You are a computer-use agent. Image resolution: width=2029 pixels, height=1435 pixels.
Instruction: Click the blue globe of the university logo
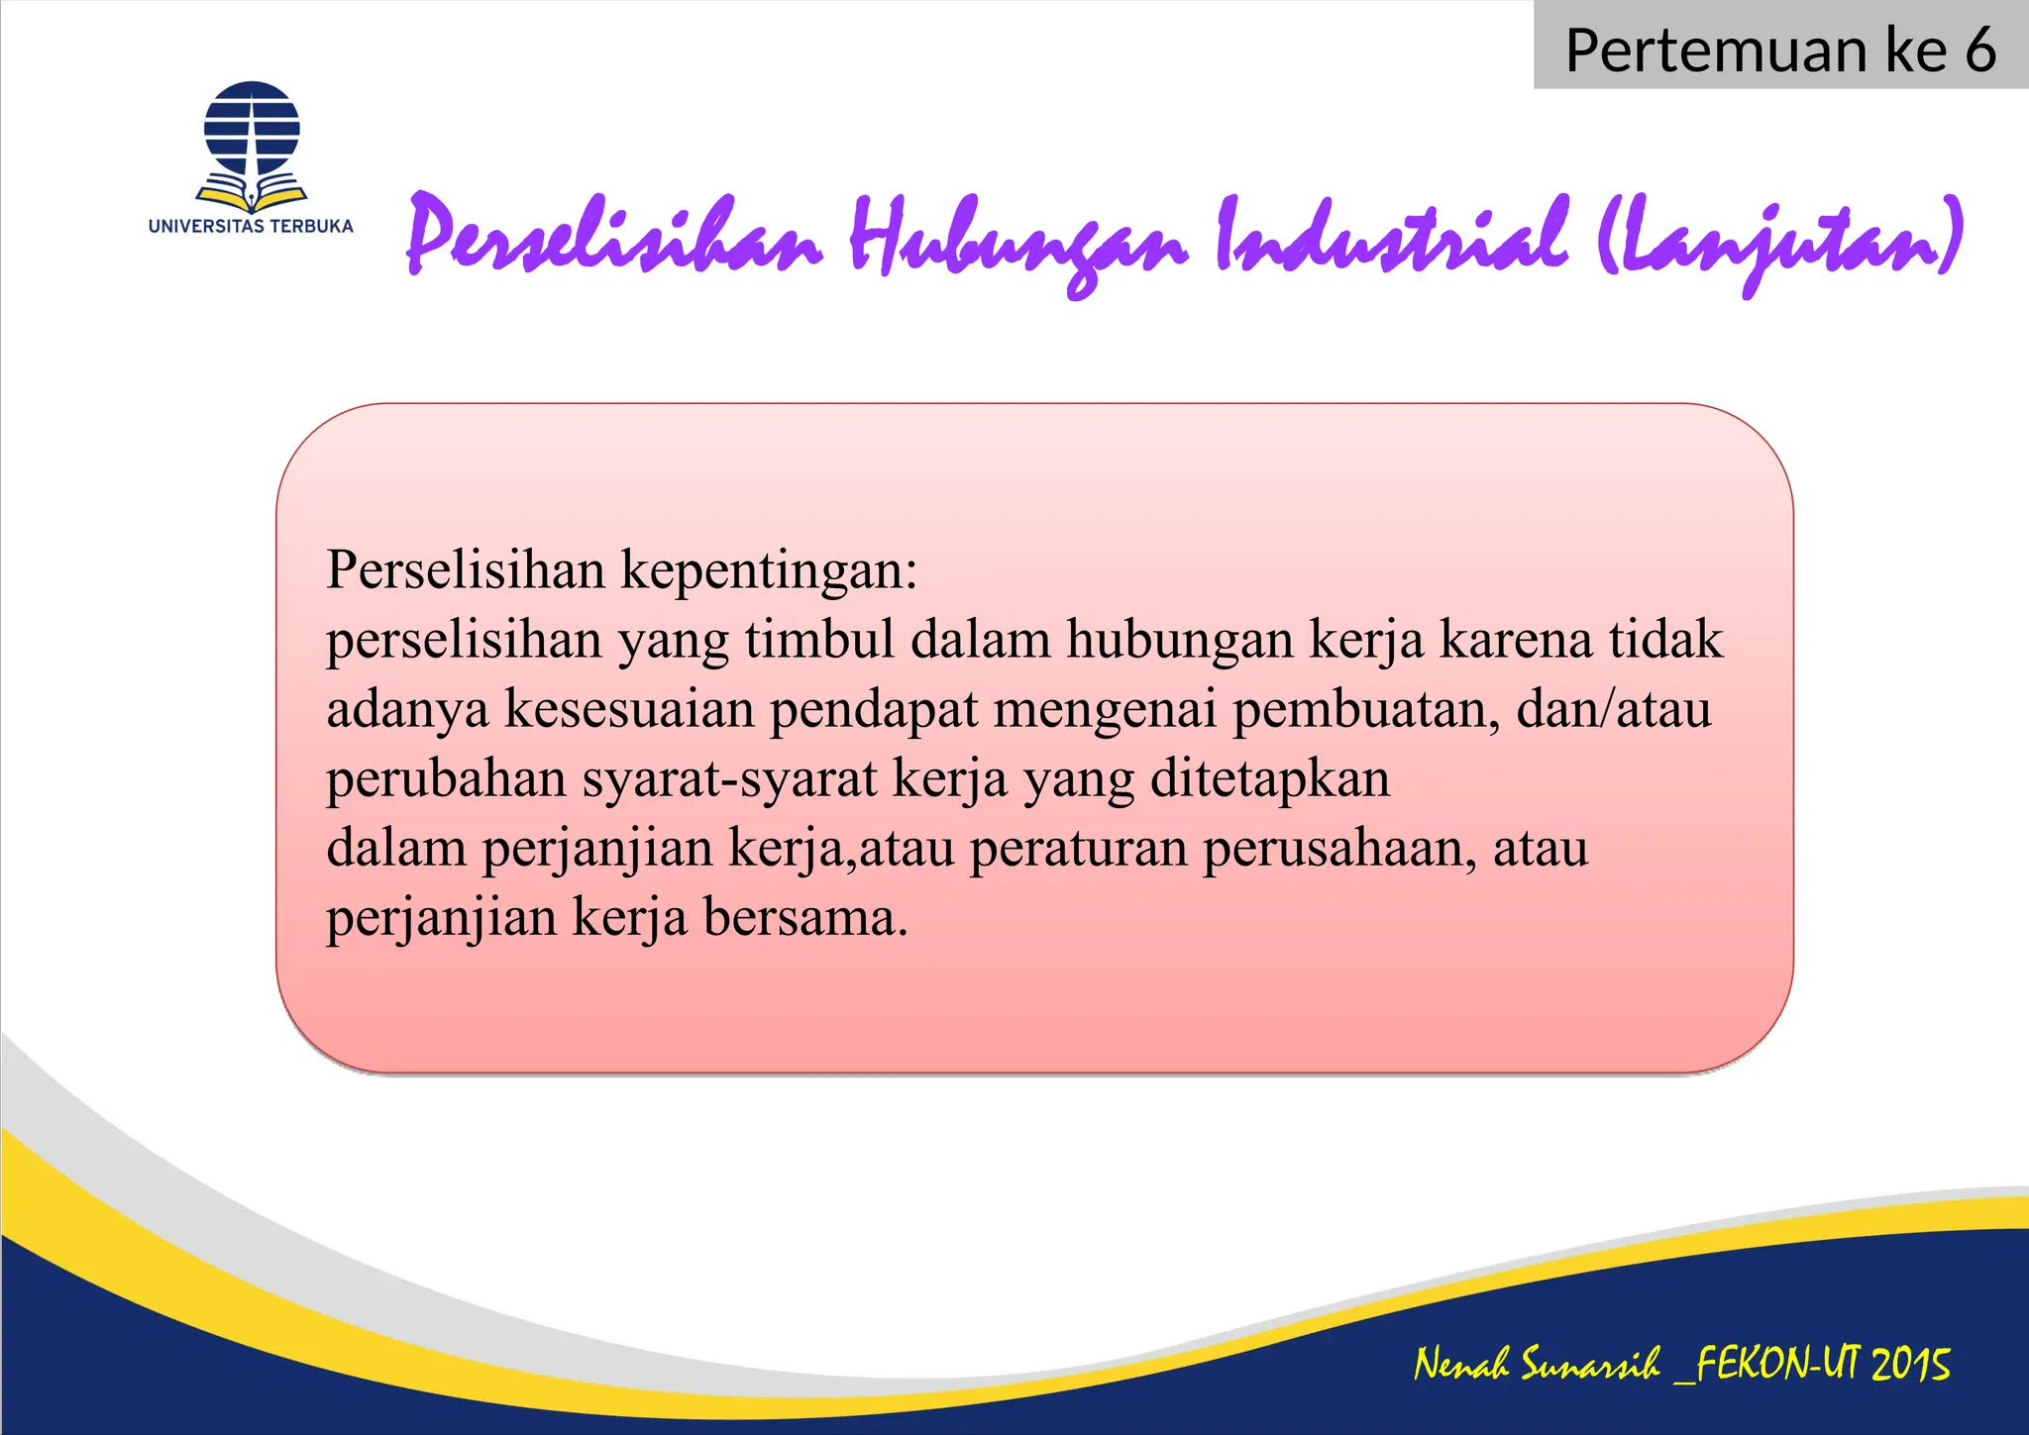pyautogui.click(x=252, y=129)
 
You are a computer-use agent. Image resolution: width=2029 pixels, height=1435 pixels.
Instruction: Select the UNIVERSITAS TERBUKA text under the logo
pyautogui.click(x=251, y=226)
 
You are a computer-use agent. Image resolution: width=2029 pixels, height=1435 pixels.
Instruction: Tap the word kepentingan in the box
pyautogui.click(x=769, y=571)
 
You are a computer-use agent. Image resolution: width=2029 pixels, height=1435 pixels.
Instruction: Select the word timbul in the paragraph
pyautogui.click(x=819, y=640)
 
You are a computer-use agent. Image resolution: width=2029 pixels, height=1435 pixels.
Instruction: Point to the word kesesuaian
pyautogui.click(x=629, y=709)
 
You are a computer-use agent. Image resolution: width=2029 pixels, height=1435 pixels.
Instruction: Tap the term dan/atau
pyautogui.click(x=1613, y=709)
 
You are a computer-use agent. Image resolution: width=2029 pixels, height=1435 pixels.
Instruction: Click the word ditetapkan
pyautogui.click(x=1270, y=778)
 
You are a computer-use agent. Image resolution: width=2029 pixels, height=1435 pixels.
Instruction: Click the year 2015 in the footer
pyautogui.click(x=1910, y=1365)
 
